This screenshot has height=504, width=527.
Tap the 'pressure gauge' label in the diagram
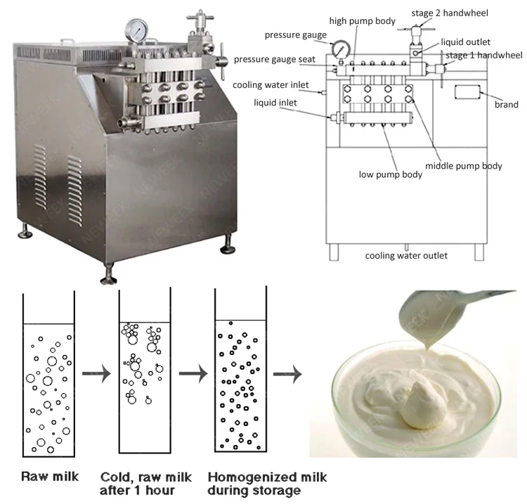point(295,34)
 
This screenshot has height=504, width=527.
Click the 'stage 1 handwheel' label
point(483,56)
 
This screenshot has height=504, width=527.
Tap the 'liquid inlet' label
point(275,103)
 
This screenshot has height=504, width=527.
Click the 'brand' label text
point(506,105)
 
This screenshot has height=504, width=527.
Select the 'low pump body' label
point(390,174)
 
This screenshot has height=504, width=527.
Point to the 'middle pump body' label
point(464,166)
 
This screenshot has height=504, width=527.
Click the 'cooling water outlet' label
point(405,255)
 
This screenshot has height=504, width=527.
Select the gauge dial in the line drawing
point(341,49)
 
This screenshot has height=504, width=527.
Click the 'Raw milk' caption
point(50,477)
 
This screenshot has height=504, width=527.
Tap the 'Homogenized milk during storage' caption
point(267,483)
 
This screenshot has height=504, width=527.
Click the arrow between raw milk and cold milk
point(96,375)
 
